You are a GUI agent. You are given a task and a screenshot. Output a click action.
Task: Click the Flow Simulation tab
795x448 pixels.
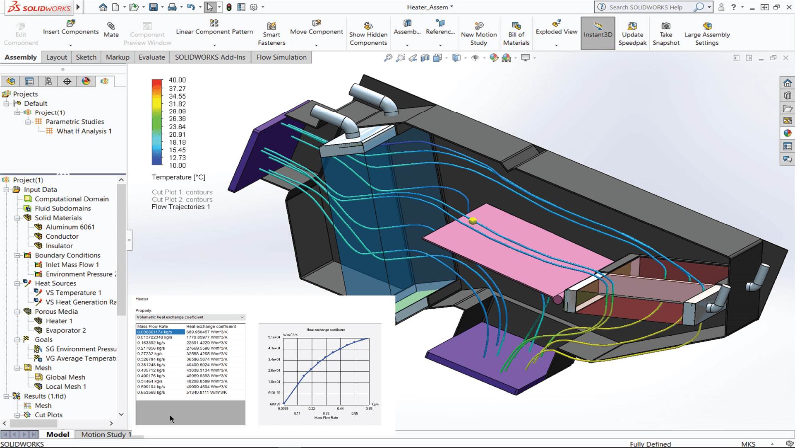coord(281,57)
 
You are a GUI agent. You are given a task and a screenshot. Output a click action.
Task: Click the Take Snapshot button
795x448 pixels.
coord(665,34)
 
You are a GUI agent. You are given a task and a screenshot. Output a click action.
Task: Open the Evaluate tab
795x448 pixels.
coord(151,57)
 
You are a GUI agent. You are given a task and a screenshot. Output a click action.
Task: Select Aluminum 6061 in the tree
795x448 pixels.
coord(70,227)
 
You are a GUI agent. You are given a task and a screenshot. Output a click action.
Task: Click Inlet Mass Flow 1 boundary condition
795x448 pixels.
coord(72,265)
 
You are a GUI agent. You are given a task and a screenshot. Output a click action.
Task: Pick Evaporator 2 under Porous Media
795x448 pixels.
coord(65,330)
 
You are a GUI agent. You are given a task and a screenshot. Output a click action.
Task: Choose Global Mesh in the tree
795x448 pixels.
coord(65,377)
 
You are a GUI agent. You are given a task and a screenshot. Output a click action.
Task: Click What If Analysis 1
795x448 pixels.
coord(84,131)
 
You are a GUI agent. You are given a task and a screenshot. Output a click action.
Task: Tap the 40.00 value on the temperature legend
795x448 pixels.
coord(177,80)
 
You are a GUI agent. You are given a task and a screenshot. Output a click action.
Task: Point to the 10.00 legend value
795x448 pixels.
coord(177,166)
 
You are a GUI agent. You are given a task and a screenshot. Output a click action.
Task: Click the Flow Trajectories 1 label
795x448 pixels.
coord(181,207)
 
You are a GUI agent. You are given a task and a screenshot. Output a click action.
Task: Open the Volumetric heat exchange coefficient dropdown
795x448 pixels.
coord(190,317)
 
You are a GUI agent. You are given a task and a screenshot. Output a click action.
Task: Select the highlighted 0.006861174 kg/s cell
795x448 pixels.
coord(160,332)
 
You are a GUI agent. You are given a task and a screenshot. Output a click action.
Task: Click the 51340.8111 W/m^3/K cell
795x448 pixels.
coord(207,392)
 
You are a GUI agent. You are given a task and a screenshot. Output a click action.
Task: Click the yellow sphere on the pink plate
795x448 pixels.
coord(473,221)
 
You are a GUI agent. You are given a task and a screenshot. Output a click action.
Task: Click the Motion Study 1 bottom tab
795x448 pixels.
coord(106,434)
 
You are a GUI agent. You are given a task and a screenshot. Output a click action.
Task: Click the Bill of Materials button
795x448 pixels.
coord(516,34)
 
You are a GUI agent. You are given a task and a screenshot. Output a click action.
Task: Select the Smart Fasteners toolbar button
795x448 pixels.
coord(271,34)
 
